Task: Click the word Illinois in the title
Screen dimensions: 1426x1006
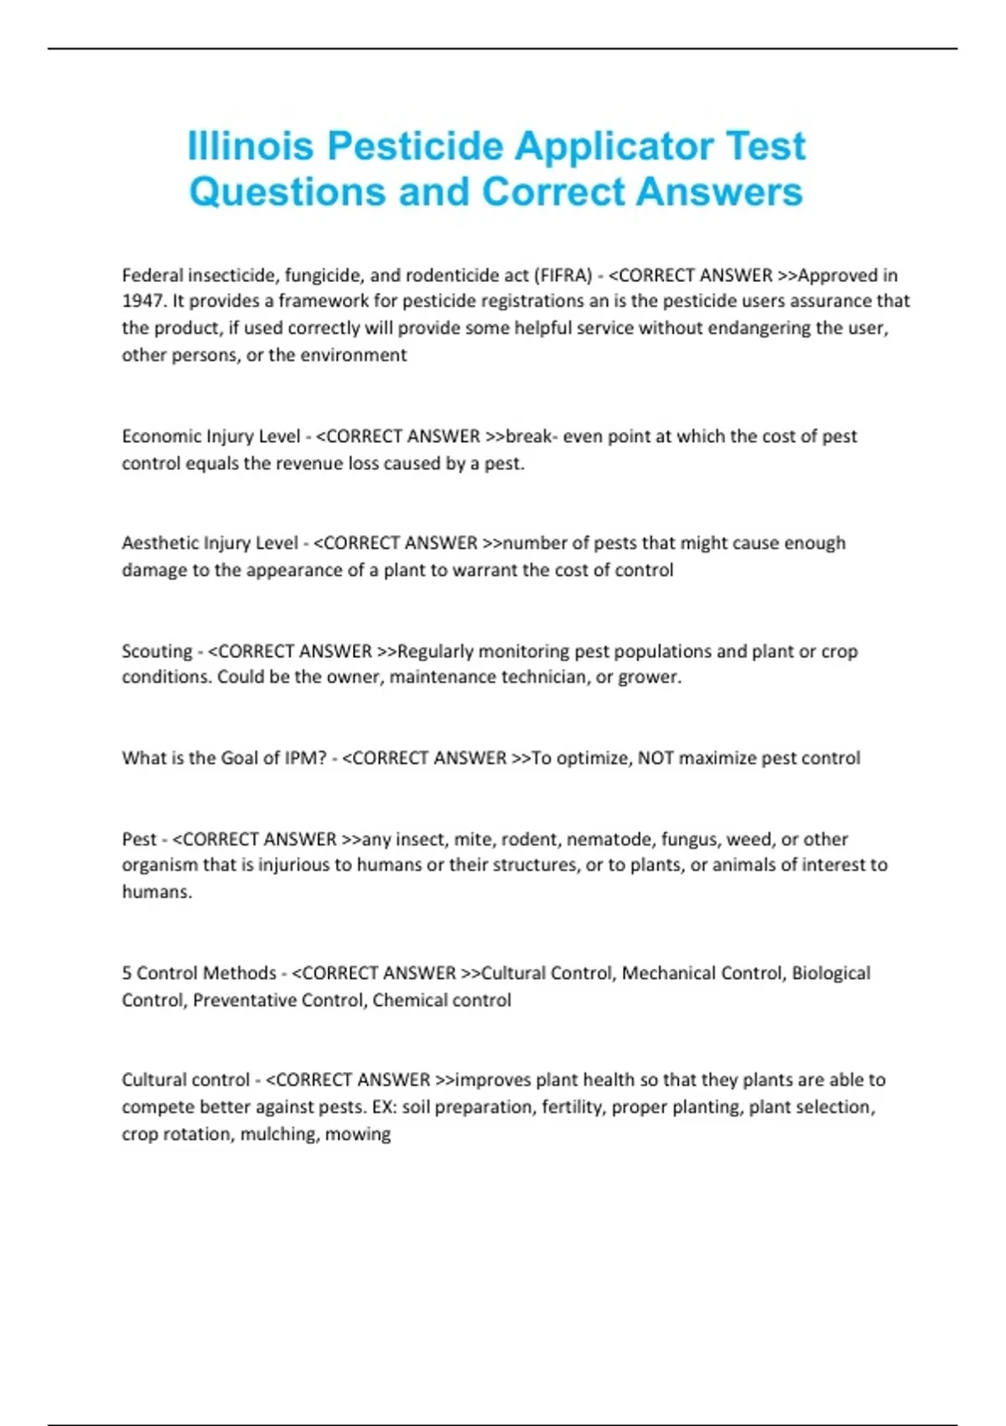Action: tap(250, 146)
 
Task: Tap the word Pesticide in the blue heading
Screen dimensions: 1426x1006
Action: tap(414, 146)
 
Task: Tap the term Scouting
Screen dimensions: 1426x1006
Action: tap(157, 652)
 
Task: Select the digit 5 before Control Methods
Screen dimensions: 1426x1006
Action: tap(127, 973)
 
